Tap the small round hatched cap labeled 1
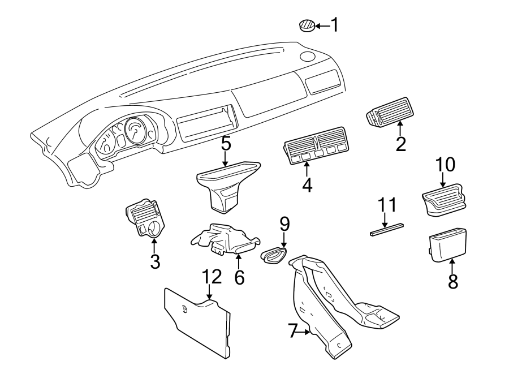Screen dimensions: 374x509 point(306,25)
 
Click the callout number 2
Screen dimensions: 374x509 point(401,144)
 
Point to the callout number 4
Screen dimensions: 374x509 point(307,185)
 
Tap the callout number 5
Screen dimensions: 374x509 point(226,144)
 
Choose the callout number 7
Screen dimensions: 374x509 point(292,331)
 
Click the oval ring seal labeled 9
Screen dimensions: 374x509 point(274,256)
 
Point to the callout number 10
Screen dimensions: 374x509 point(445,165)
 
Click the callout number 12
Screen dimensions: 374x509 point(213,277)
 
